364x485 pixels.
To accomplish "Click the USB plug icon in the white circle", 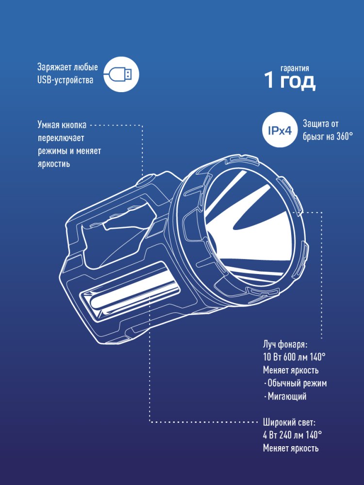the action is click(121, 75).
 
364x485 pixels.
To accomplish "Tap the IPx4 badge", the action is click(280, 130).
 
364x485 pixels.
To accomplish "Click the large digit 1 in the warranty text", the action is click(269, 81).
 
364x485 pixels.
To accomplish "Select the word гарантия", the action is click(295, 68).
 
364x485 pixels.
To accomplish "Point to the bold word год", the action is click(298, 82).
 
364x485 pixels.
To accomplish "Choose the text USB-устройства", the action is click(65, 80).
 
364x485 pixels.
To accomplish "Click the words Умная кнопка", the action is click(62, 125).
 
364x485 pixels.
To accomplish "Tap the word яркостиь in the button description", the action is click(54, 163).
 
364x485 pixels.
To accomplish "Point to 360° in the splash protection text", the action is click(344, 136).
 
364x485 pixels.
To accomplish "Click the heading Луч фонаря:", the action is click(285, 344).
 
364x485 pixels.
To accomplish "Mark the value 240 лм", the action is click(292, 435).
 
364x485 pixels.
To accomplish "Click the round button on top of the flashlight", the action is click(148, 180).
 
